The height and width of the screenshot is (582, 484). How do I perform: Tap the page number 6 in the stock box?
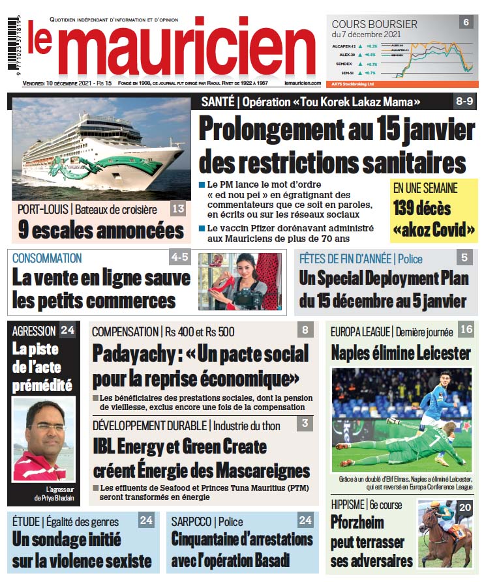[466, 22]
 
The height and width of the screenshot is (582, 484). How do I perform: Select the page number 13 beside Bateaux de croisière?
[178, 209]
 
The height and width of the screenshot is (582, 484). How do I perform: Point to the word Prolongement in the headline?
[270, 128]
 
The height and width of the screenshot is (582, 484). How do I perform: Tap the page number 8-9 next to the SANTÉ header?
[464, 102]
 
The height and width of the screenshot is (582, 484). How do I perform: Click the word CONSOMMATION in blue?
[47, 258]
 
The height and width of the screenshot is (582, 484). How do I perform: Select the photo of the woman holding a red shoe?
[239, 281]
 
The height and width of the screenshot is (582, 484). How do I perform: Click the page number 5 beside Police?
[464, 257]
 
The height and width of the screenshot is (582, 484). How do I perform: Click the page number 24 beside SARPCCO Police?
[305, 520]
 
